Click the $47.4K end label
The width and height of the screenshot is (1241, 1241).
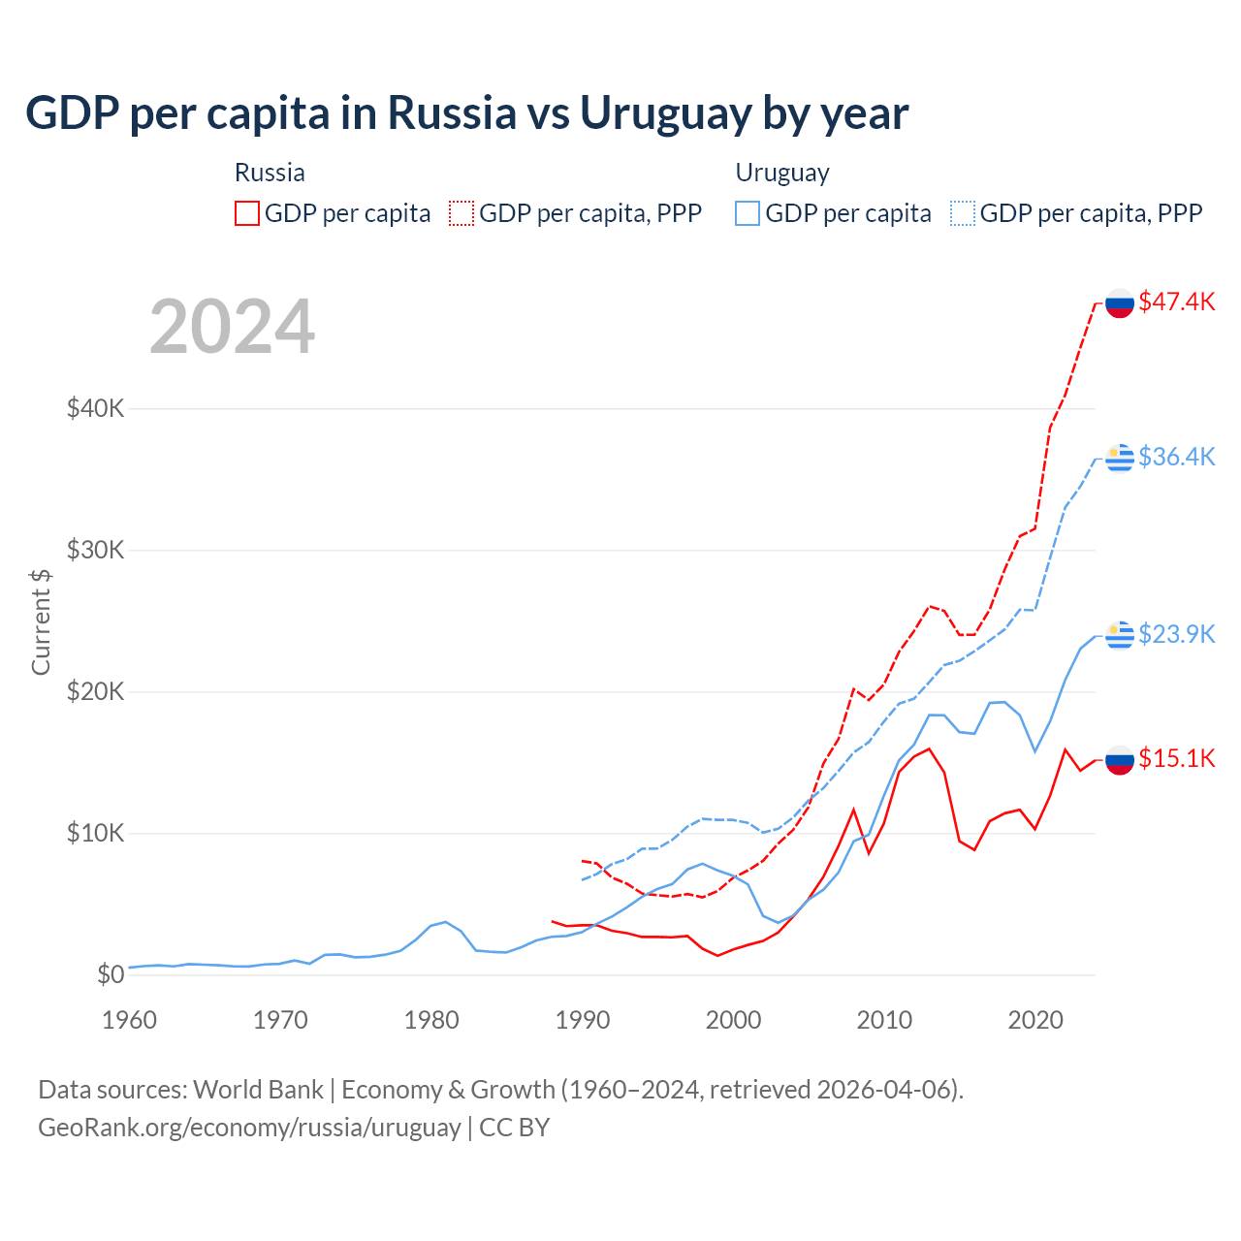tap(1176, 302)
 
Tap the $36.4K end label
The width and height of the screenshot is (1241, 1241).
tap(1176, 457)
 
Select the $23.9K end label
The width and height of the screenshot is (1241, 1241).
tap(1176, 634)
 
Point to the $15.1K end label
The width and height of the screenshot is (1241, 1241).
tap(1176, 758)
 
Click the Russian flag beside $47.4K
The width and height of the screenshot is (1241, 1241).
tap(1120, 302)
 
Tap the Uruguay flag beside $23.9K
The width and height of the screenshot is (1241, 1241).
tap(1120, 634)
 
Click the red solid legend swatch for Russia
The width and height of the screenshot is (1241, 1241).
tap(247, 213)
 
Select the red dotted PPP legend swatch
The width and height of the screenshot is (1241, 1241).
tap(461, 213)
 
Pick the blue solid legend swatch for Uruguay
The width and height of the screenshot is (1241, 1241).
tap(748, 213)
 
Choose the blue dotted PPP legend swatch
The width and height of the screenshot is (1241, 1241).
tap(963, 213)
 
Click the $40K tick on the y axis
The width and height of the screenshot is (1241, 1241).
tap(95, 408)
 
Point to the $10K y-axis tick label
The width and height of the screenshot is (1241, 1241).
tap(95, 833)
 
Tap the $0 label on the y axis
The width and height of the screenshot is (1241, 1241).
tap(111, 974)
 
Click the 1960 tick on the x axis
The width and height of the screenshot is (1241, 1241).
tap(129, 1020)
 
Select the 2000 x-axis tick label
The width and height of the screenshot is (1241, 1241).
tap(733, 1020)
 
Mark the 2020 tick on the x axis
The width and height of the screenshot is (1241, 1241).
tap(1035, 1020)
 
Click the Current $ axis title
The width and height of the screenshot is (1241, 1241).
tap(41, 621)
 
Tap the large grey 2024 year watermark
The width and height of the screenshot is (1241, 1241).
tap(233, 327)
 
